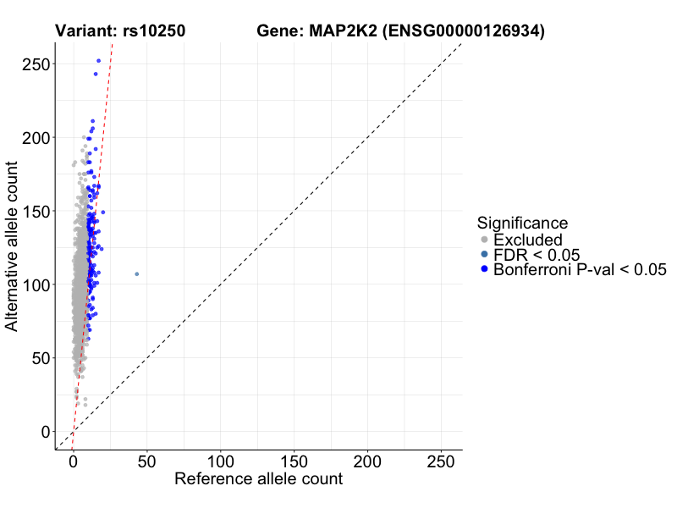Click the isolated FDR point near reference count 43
136,273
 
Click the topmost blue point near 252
98,61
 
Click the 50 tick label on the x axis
146,463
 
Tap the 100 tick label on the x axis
220,463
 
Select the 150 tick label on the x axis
294,463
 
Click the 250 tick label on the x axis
441,463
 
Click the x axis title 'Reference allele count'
258,479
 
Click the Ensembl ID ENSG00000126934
464,31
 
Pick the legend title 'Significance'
522,223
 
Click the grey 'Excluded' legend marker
483,240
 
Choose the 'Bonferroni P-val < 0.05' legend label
581,269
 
